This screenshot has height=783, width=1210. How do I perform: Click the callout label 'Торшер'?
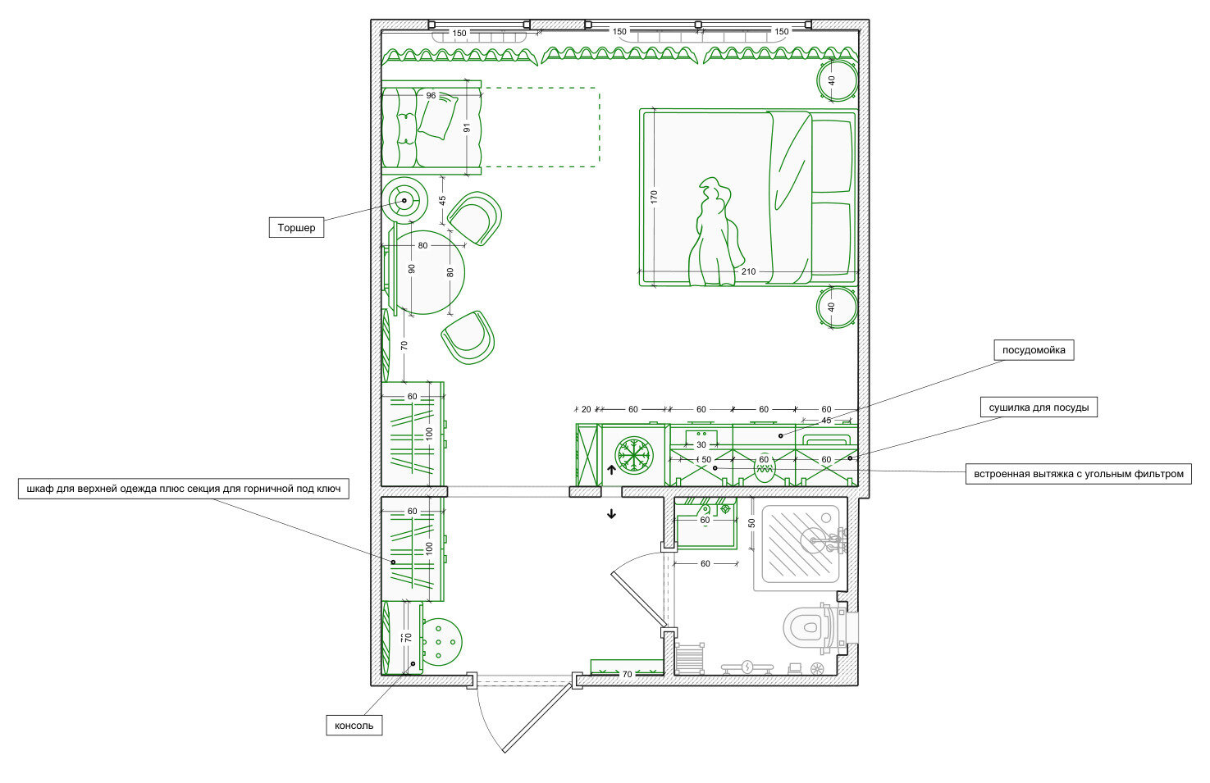(x=296, y=227)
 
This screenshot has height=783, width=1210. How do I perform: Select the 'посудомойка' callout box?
(x=1034, y=350)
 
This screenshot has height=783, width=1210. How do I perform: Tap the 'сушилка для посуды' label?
(x=1039, y=407)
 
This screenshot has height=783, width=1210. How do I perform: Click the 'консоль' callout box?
(x=354, y=726)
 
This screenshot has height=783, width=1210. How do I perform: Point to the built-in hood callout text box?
(x=1078, y=474)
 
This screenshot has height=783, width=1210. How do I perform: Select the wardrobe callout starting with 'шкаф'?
(x=184, y=489)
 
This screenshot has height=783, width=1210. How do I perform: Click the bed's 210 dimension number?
(x=748, y=271)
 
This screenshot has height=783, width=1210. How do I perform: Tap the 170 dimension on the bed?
(x=654, y=197)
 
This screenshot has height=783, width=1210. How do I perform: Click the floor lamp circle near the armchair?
(x=404, y=200)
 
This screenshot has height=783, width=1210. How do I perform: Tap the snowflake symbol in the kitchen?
(x=634, y=456)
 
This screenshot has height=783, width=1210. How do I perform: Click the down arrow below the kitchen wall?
(x=611, y=514)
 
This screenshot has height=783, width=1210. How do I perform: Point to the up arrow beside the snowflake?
(x=611, y=470)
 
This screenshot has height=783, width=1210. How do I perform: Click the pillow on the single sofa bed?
(x=437, y=116)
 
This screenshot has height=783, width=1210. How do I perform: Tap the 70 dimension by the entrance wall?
(x=627, y=674)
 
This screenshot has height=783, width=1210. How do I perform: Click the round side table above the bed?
(x=836, y=80)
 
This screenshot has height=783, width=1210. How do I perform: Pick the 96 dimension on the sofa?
(x=431, y=96)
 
